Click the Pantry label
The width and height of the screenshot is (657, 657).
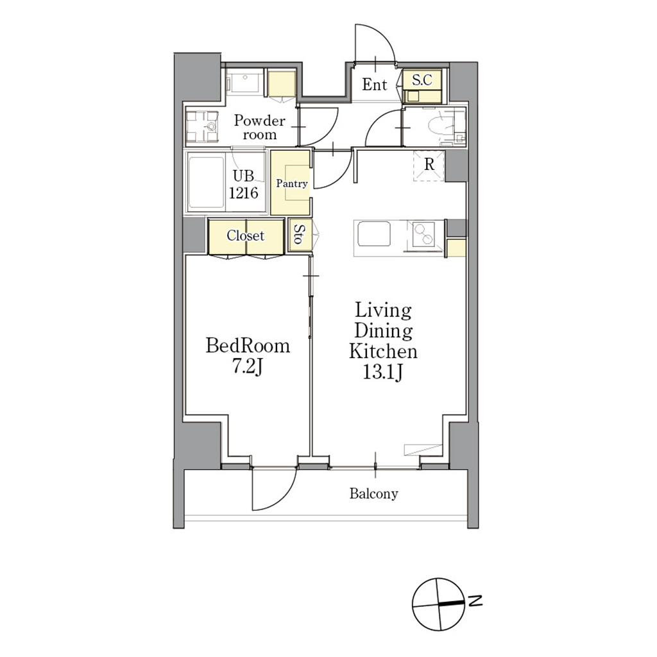click(x=292, y=183)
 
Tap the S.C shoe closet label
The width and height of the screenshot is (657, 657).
click(x=422, y=80)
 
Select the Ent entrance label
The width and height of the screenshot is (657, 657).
click(x=375, y=85)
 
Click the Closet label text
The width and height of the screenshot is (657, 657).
click(x=246, y=235)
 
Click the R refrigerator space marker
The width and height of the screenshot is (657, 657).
click(x=429, y=165)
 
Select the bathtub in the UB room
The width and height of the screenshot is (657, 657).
click(x=206, y=183)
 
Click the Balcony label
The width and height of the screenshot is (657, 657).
click(x=374, y=493)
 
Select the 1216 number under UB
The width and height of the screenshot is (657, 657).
click(x=243, y=192)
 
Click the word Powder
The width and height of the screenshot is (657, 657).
click(x=259, y=121)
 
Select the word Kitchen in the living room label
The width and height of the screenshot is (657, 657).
click(x=384, y=351)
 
